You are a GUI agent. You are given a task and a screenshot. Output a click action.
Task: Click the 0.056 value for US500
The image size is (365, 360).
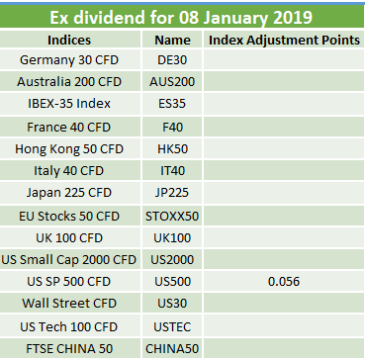pos(284,282)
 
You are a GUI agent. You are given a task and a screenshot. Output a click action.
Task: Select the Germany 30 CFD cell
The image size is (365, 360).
pos(69,60)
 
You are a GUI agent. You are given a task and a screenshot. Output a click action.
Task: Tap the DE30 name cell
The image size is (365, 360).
pos(172,60)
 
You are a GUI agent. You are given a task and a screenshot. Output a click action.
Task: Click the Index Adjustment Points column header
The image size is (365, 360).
pos(284,40)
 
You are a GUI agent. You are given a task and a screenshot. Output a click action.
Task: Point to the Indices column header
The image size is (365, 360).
pos(69,40)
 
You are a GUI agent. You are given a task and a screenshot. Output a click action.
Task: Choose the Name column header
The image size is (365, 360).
pos(172,41)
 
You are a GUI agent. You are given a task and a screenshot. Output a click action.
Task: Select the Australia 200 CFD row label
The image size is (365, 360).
pos(69,82)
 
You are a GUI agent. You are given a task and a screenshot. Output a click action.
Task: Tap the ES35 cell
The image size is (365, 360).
pos(172,104)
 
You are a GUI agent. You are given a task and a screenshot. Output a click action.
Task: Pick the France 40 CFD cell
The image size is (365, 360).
pos(68,127)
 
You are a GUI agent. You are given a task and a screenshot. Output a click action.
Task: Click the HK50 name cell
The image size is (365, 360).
pos(172,149)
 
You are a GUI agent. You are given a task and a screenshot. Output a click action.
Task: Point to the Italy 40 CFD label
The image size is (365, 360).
pos(68,171)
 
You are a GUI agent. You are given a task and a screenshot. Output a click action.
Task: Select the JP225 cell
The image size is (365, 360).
pos(172,193)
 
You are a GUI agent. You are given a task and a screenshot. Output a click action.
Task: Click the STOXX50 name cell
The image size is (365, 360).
pos(172,217)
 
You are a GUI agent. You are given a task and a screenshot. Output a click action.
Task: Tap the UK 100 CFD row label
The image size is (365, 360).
pos(69,237)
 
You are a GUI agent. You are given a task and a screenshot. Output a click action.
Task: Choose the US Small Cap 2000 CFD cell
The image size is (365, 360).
pos(69,260)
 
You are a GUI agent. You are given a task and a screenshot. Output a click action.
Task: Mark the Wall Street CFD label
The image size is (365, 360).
pos(69,304)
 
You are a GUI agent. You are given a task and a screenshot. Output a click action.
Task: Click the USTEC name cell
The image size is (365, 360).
pos(172,327)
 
